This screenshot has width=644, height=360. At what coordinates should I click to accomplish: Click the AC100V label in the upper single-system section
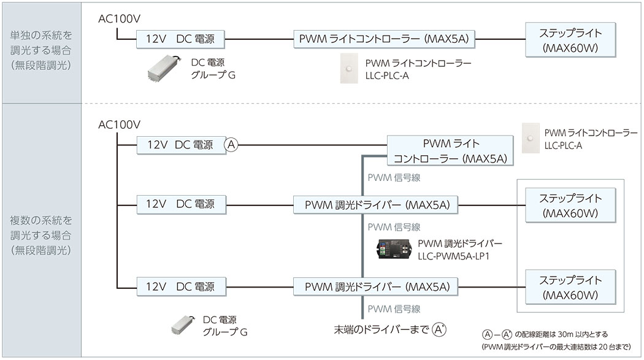[x=120, y=19]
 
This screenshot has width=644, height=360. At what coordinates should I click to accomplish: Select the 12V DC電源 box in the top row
[x=180, y=39]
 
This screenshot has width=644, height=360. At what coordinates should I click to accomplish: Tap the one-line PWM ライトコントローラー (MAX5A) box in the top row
[x=384, y=39]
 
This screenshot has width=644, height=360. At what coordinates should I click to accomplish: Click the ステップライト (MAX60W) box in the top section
[x=570, y=40]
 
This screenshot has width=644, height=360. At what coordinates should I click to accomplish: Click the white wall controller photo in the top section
[x=349, y=69]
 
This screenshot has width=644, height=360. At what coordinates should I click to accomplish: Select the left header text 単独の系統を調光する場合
[x=41, y=42]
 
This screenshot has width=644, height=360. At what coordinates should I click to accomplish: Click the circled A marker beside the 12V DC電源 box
[x=231, y=145]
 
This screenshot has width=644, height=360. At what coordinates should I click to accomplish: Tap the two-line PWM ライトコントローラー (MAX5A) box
[x=450, y=151]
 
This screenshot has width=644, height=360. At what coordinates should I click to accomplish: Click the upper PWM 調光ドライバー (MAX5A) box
[x=375, y=205]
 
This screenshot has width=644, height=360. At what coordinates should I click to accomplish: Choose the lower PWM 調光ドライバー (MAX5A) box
[x=375, y=286]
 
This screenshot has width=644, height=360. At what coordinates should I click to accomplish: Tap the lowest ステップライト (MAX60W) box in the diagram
[x=570, y=287]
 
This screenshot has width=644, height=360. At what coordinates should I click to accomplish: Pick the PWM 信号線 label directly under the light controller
[x=394, y=178]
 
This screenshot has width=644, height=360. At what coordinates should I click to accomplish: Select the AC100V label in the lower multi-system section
[x=120, y=124]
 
